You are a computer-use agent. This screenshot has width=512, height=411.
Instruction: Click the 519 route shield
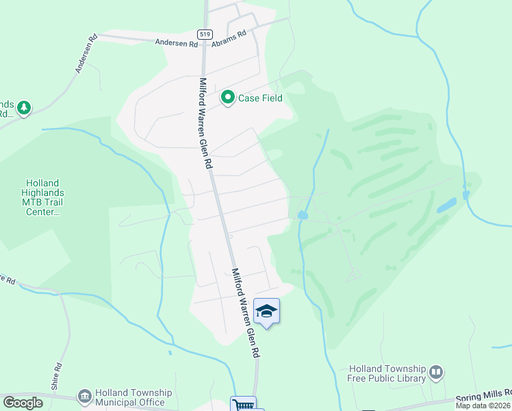204,34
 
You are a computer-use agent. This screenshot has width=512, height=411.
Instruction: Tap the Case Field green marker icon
227,98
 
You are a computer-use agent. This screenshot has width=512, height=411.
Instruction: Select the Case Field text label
260,99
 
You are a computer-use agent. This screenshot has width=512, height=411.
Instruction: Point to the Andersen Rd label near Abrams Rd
177,43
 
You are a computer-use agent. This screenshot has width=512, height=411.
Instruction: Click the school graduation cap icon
266,312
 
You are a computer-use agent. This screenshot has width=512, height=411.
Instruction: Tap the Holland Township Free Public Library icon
436,373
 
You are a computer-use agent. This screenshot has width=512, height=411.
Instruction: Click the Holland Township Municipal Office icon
84,396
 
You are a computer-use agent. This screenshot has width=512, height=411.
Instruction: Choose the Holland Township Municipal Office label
133,397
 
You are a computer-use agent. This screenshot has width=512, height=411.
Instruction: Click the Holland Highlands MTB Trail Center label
42,198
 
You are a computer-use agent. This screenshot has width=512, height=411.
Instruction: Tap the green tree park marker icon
24,108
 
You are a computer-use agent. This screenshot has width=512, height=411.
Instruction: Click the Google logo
23,403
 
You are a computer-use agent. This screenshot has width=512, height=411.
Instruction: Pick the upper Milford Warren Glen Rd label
204,123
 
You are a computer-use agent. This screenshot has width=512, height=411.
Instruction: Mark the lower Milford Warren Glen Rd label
245,312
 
